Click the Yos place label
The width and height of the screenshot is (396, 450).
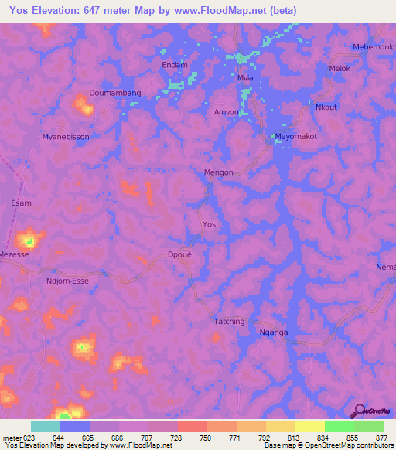point(209,224)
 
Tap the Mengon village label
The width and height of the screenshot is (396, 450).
point(218,172)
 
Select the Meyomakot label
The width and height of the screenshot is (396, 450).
point(297,137)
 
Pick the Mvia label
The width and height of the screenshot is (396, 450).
point(246,79)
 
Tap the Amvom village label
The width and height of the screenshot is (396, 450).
point(229,112)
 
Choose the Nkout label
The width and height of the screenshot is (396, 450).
point(326,107)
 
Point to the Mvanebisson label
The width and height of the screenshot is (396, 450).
point(66,137)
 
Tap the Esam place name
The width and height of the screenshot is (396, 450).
point(22,203)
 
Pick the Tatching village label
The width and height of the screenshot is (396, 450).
point(229,321)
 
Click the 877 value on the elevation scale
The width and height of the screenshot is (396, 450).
point(381,436)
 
